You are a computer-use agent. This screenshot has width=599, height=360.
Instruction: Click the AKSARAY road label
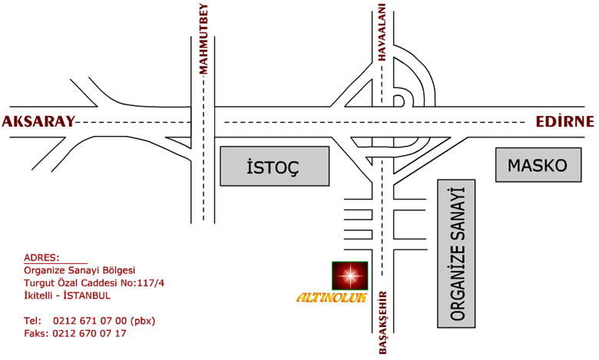coord(38,122)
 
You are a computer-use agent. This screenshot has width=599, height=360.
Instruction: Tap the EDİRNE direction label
coord(564,121)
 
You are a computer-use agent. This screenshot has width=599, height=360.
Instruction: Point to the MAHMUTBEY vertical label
coord(204,38)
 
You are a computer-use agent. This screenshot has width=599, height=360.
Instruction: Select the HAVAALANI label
coord(382,32)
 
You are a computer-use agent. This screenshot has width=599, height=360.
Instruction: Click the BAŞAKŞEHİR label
coord(383,322)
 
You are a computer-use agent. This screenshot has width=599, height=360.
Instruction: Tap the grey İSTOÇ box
coord(275,166)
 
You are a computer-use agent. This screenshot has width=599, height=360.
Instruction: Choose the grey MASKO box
coord(538,164)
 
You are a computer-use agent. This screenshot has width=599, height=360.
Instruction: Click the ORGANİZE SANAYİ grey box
coord(456,253)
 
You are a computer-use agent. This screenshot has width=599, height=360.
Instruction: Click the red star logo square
coord(349,276)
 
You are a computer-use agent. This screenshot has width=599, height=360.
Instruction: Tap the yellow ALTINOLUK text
coord(332,298)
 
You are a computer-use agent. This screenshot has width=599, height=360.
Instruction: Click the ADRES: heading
coord(41,257)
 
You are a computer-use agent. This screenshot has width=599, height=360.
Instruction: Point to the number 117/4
coord(151,283)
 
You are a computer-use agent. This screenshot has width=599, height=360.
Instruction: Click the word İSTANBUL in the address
coord(87,296)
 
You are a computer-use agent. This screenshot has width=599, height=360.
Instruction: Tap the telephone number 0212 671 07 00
coord(90,321)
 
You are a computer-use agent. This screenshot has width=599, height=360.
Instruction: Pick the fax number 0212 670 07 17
coord(89,333)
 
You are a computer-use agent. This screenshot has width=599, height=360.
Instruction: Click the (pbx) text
coord(143,321)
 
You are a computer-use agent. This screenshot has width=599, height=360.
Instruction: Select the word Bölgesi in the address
coord(119,271)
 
